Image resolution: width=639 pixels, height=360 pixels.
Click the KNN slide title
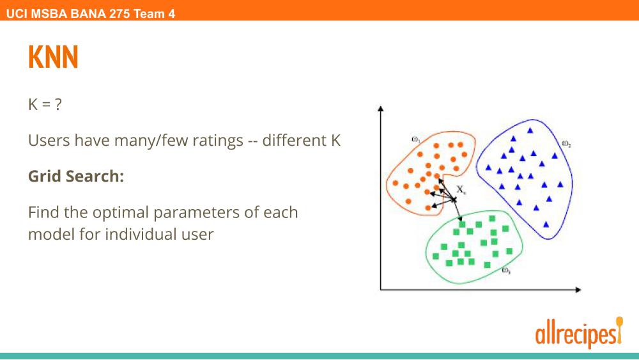coord(53,57)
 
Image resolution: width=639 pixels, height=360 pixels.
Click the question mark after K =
coord(58,104)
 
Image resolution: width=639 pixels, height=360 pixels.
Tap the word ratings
coord(218,141)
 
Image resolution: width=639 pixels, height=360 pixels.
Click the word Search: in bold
coord(95,176)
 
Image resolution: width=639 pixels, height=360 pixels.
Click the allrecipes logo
coord(579,333)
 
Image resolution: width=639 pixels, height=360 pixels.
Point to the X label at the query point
coord(461,189)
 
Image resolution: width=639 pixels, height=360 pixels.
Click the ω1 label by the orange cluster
coord(416,139)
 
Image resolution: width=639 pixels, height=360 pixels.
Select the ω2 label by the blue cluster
coord(566,143)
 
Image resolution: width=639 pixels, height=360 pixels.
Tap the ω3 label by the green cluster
coord(505,270)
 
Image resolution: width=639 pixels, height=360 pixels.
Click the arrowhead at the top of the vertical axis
coord(381,109)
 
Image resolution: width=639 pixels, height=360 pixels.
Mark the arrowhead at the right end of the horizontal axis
coord(578,290)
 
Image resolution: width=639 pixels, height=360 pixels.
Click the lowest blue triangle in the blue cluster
coord(546,224)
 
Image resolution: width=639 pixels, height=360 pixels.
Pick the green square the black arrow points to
coord(462,224)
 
